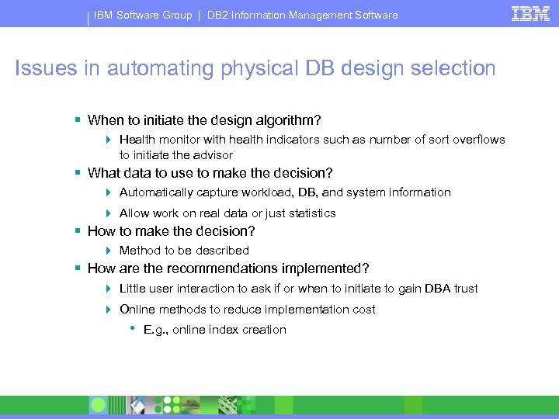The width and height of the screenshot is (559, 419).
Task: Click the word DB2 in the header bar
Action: (x=220, y=15)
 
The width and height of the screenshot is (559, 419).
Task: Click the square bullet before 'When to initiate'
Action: (x=78, y=120)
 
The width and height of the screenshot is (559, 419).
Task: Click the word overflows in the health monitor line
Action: (x=478, y=140)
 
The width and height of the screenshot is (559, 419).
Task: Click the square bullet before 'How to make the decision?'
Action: (x=78, y=231)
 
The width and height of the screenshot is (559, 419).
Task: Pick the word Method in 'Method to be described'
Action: (x=139, y=251)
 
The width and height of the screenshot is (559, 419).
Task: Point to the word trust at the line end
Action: (x=465, y=289)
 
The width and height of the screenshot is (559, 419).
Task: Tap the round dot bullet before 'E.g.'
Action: (x=132, y=328)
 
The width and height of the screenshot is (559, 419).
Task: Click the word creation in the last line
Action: (x=265, y=330)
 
